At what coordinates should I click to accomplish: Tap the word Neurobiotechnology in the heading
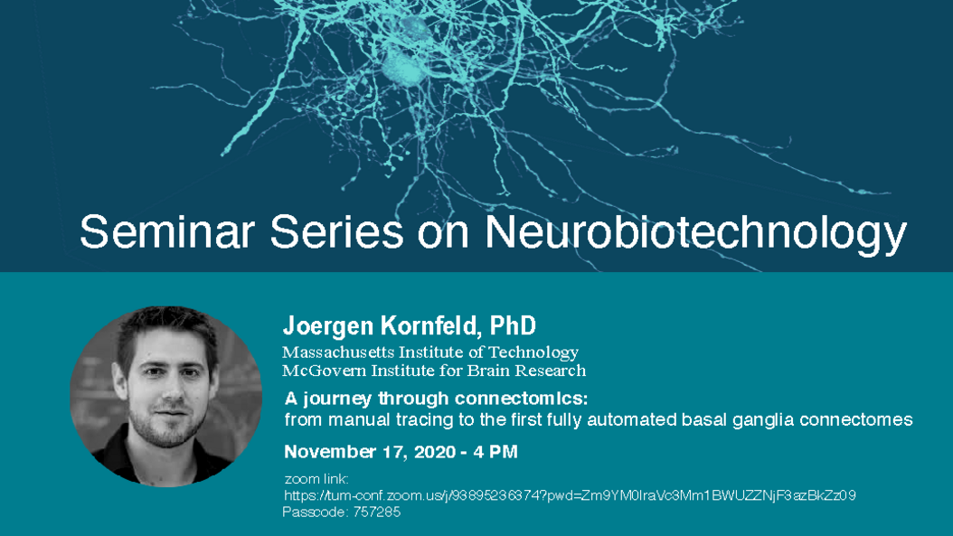tap(696, 234)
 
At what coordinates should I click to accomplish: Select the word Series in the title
tap(336, 231)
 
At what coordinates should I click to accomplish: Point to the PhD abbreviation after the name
tap(513, 325)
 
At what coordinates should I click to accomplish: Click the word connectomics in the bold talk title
tap(522, 399)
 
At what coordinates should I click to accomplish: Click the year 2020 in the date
tap(435, 452)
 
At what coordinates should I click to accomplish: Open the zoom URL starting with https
tap(570, 495)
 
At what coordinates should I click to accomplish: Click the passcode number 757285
tap(377, 512)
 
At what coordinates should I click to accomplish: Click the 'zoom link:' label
tap(316, 479)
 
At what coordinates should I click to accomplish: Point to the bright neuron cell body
tap(403, 64)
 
